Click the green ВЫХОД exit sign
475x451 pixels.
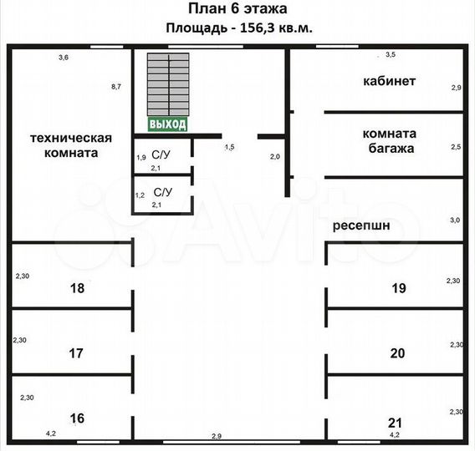pos(167,124)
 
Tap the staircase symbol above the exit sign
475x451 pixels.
pos(168,84)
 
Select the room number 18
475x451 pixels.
pos(77,288)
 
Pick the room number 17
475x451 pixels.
pos(76,353)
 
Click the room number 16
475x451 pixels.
pos(77,418)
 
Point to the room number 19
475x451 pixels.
pos(399,288)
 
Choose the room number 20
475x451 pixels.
pos(397,353)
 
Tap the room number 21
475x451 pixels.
pos(395,423)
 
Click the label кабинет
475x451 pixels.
pos(389,81)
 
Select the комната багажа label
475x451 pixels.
pos(390,141)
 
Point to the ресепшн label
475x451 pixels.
pos(361,225)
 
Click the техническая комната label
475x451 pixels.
pos(71,145)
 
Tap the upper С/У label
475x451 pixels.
pos(161,155)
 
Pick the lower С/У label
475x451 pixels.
pos(163,192)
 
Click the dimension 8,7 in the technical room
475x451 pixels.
pos(116,87)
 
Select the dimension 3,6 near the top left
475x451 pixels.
pos(64,57)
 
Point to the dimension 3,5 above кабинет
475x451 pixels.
pos(391,55)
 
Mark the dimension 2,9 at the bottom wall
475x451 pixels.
pos(217,436)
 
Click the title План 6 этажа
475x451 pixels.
pos(238,8)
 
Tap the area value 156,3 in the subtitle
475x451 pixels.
pos(258,28)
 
